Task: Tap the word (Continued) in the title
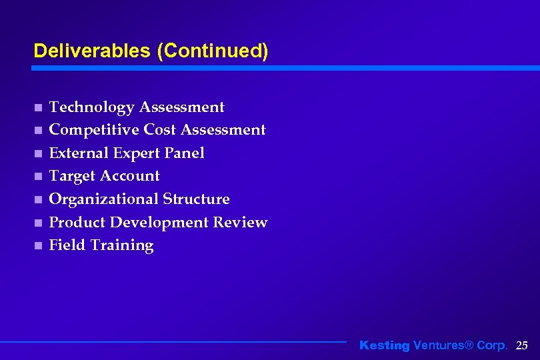click(x=212, y=51)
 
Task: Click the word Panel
click(x=184, y=153)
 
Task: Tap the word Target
click(x=71, y=176)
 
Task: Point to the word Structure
click(x=195, y=199)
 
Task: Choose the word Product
click(x=77, y=222)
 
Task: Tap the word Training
click(x=122, y=245)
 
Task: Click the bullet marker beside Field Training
click(x=38, y=245)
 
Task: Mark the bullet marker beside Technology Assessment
click(x=38, y=107)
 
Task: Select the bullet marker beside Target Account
click(x=38, y=177)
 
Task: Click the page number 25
click(x=522, y=345)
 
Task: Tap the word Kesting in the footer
click(x=385, y=345)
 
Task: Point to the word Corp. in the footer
click(x=493, y=345)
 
